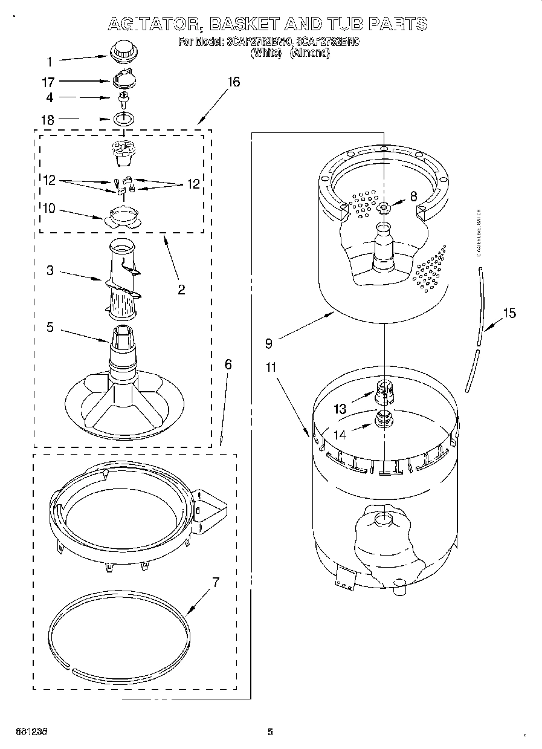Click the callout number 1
coord(50,60)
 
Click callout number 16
coord(233,82)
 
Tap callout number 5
coord(50,327)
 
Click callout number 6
coord(228,364)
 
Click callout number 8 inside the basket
coord(413,195)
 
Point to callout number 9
coord(268,343)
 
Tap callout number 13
coord(340,409)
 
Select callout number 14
coord(340,434)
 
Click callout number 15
coord(509,313)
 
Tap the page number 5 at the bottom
coord(270,732)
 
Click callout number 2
coord(181,290)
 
